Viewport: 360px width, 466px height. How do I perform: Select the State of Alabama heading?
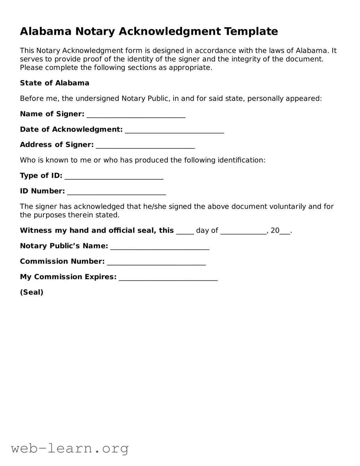(55, 83)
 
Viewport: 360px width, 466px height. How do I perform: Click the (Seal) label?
(32, 292)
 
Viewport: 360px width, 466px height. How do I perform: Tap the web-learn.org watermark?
(70, 449)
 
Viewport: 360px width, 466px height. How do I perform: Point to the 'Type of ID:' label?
(41, 176)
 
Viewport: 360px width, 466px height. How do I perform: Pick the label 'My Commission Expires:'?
(68, 277)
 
